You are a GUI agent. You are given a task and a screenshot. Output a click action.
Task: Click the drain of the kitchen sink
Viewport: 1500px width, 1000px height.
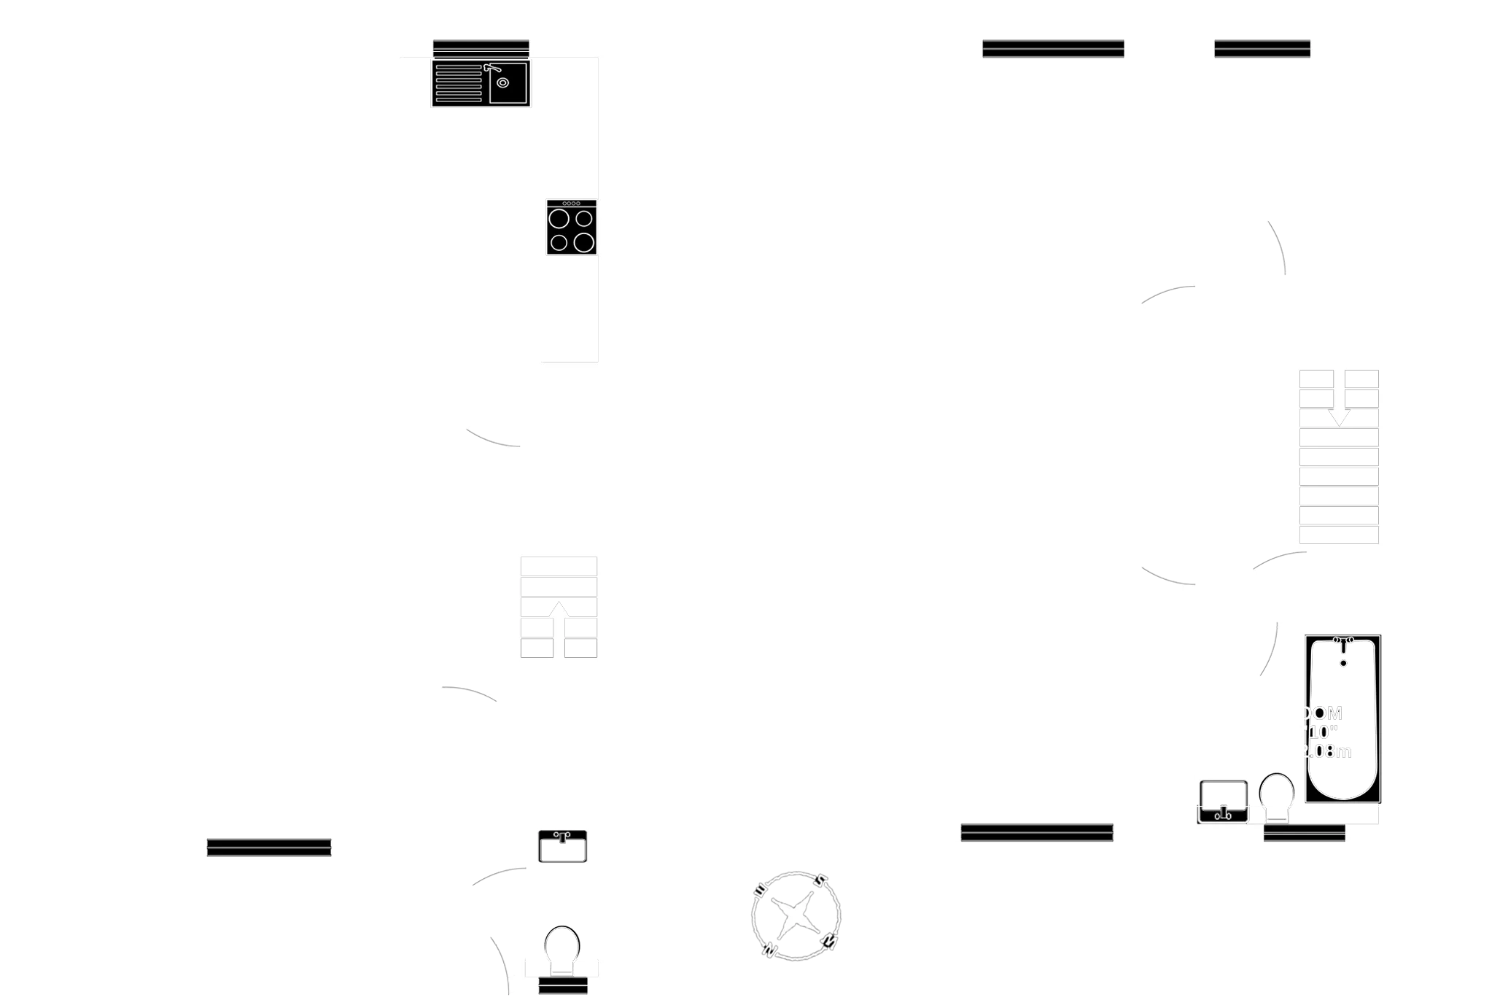[x=502, y=82]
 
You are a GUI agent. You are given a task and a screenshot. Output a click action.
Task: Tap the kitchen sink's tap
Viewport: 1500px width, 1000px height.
[x=489, y=68]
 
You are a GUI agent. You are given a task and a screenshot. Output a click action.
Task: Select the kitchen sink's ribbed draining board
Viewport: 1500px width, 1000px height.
[x=459, y=85]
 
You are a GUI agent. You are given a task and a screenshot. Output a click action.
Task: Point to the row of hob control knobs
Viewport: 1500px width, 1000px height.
[x=571, y=204]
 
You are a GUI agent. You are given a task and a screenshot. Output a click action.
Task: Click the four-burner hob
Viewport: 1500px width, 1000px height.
[x=570, y=230]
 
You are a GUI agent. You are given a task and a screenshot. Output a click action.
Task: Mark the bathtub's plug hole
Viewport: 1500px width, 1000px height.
[x=1342, y=663]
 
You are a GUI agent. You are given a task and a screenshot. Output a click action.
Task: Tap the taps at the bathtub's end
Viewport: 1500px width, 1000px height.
[x=1342, y=640]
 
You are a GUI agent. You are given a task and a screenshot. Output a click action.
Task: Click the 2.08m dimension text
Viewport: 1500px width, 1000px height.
[x=1327, y=751]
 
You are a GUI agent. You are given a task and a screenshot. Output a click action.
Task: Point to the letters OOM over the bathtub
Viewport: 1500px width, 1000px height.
[x=1322, y=713]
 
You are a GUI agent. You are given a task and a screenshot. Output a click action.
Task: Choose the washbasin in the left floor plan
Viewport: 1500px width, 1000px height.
[x=562, y=846]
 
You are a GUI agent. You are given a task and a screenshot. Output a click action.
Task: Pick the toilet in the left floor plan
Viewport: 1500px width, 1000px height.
[x=562, y=948]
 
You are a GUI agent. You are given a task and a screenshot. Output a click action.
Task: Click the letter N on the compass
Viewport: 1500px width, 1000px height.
[x=768, y=949]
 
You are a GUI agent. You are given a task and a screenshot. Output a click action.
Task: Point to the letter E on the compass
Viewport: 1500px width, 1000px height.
[x=828, y=942]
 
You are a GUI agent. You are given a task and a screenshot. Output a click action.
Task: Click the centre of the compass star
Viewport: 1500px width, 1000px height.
[x=794, y=915]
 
